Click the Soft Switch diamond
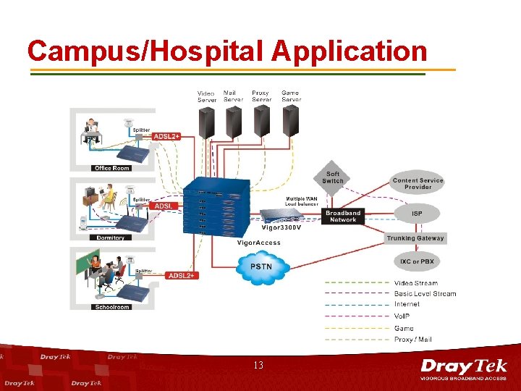tap(334, 177)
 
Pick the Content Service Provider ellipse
tap(418, 184)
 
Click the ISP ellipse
tap(417, 214)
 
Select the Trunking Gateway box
tap(415, 238)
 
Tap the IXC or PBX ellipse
tap(417, 261)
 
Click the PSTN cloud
tap(261, 269)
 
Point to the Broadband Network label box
tap(343, 216)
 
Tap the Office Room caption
tap(111, 168)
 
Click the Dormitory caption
tap(111, 237)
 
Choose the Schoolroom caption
tap(111, 307)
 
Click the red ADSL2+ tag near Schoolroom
tap(180, 275)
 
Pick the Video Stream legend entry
tap(415, 282)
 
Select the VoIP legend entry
tap(402, 316)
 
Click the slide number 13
tap(259, 366)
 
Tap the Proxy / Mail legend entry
tap(412, 339)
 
